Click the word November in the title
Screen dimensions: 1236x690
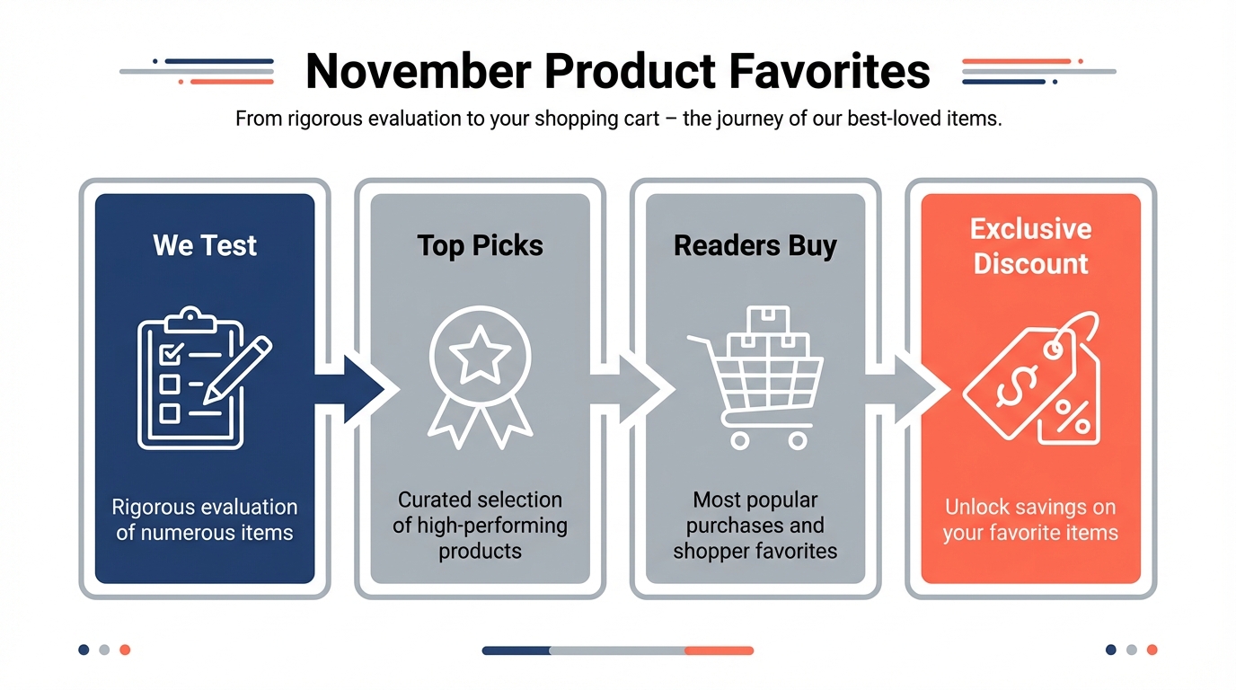[419, 71]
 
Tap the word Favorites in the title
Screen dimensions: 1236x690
[829, 71]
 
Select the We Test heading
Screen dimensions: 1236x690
[205, 245]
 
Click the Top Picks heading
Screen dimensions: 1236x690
[480, 245]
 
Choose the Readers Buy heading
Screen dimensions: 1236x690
[755, 245]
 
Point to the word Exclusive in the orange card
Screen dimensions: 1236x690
[1030, 228]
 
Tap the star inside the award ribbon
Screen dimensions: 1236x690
[480, 354]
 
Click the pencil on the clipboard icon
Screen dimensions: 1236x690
[237, 370]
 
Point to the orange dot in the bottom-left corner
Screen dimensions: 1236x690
[125, 650]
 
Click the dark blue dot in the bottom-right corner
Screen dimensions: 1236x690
[1111, 650]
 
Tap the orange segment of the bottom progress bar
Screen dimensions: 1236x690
[719, 650]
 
